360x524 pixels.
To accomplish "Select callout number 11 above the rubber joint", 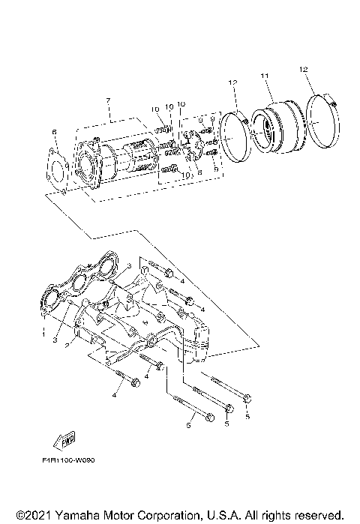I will pos(264,76).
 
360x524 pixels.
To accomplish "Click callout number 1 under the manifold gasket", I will pos(43,328).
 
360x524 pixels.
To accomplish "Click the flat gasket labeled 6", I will pos(59,169).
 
